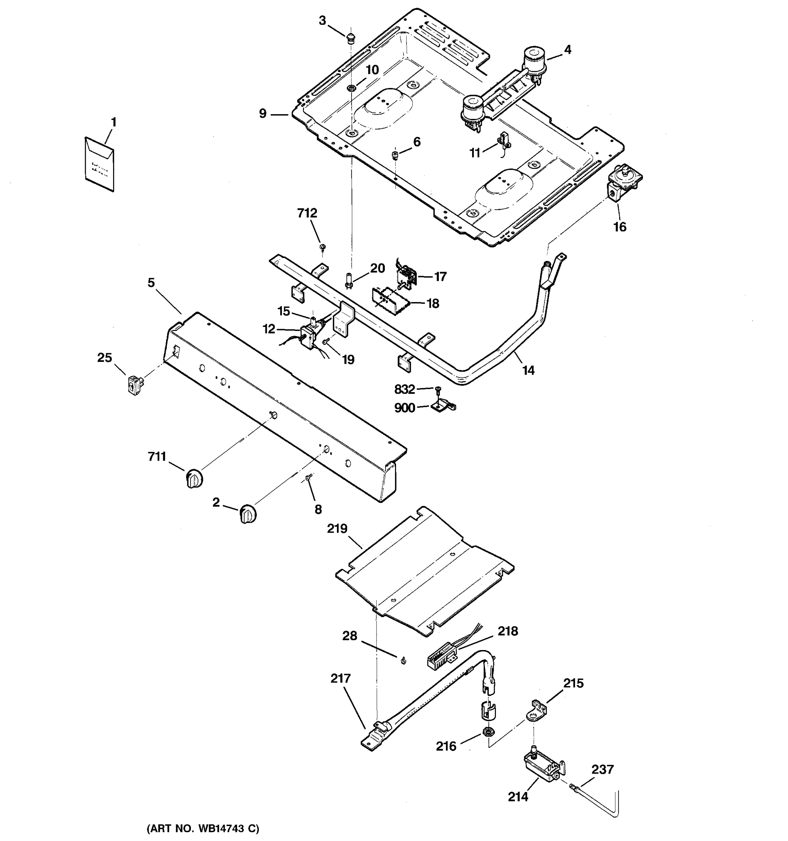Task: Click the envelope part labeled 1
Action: tap(100, 164)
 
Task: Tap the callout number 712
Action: tap(307, 213)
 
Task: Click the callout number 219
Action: tap(337, 528)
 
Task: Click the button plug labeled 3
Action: tap(350, 39)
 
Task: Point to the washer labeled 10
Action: tap(351, 88)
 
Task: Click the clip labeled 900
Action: tap(443, 407)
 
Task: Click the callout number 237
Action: tap(602, 769)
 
